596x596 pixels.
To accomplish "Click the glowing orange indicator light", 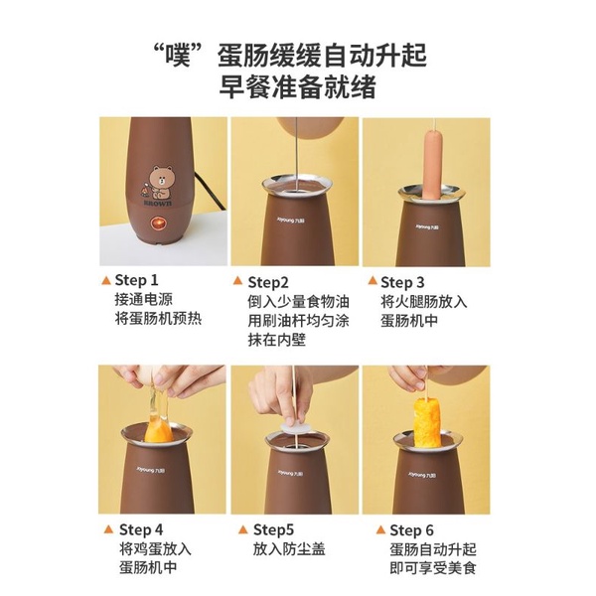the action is [159, 223].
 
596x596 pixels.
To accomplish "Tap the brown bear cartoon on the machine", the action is [159, 182].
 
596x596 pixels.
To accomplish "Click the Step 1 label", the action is [136, 280].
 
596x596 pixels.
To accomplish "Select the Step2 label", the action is [268, 282].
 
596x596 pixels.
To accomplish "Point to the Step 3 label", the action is [402, 282].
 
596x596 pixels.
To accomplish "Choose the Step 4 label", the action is [141, 529].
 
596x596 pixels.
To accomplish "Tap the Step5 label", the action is [274, 529].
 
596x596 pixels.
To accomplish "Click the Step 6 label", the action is [411, 530].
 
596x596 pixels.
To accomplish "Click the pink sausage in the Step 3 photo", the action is [432, 164].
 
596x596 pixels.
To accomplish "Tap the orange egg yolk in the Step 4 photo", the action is [158, 431].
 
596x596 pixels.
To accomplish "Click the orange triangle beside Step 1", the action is [106, 280].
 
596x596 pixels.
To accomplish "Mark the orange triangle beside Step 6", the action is [380, 529].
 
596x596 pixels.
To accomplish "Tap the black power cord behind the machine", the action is [211, 191].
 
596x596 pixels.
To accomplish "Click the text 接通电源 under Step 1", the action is [144, 300].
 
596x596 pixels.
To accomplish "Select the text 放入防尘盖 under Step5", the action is [289, 549].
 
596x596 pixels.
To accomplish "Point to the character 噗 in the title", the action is [178, 57].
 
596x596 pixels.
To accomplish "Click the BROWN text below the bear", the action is [158, 204].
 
